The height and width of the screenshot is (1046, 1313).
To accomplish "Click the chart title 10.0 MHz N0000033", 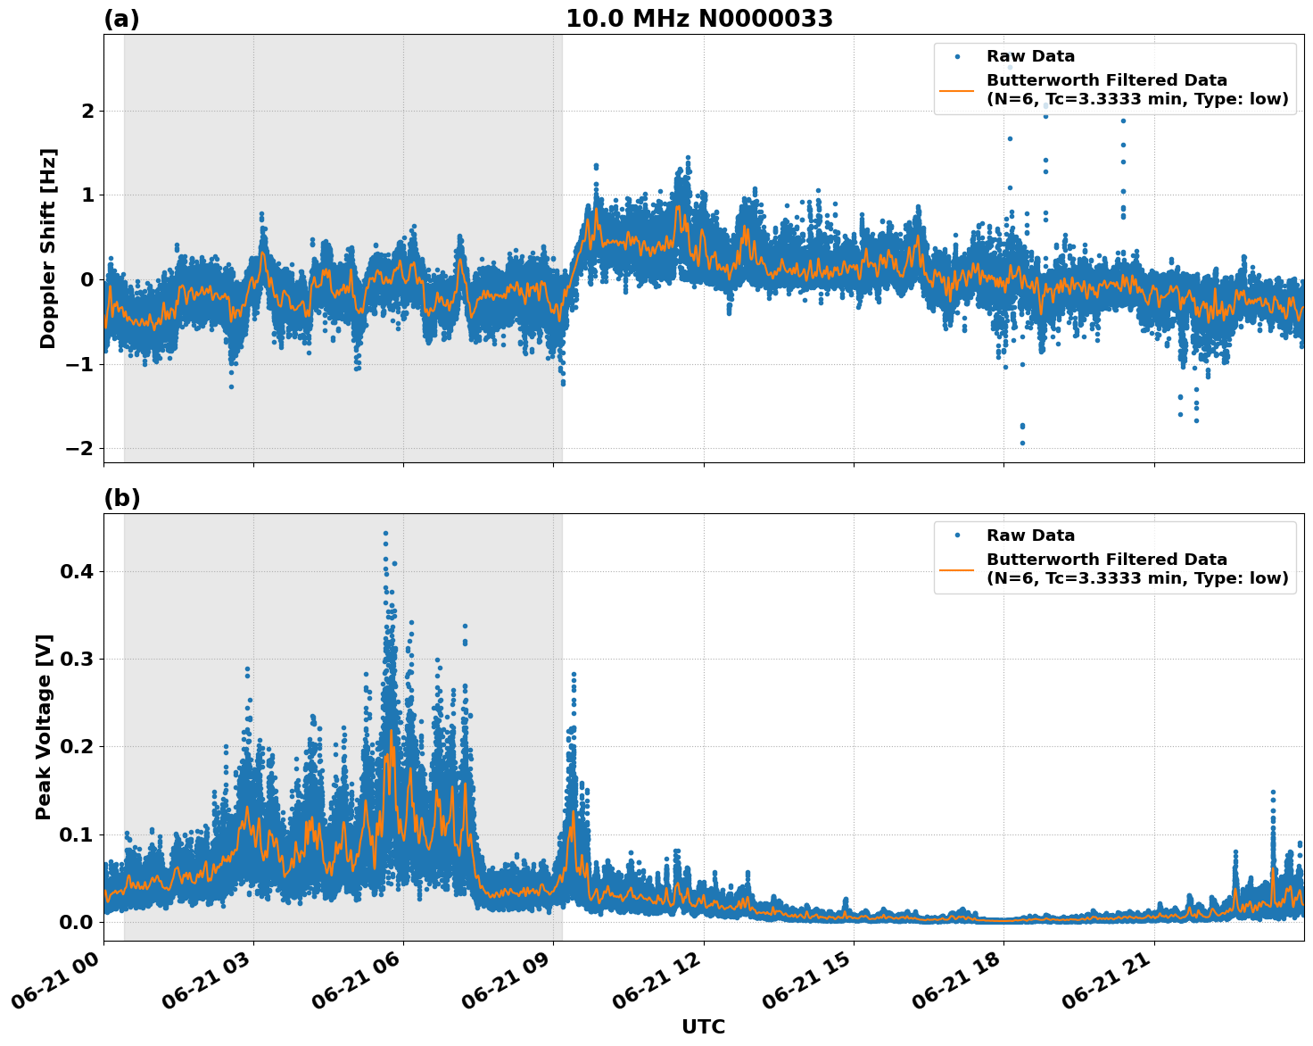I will click(698, 19).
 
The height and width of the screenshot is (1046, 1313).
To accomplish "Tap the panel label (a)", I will click(121, 19).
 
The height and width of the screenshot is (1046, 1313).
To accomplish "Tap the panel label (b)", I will click(121, 498).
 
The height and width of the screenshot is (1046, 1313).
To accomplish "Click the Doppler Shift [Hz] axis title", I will click(48, 248).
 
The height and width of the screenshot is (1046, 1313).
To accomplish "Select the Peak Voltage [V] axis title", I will click(44, 726).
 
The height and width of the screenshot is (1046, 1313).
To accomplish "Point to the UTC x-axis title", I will click(703, 1026).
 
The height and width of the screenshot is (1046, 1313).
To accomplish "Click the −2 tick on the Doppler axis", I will click(79, 448).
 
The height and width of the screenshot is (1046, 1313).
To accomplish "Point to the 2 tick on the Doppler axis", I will click(87, 111).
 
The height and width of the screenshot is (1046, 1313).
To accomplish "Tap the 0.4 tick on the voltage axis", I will click(77, 571).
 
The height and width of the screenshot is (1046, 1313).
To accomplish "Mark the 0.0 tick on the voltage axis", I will click(77, 922).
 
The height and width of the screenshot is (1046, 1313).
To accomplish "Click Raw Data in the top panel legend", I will click(1030, 56).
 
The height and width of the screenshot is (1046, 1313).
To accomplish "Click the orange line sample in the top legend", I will click(956, 89).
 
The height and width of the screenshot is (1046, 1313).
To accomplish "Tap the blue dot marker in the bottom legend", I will click(956, 535).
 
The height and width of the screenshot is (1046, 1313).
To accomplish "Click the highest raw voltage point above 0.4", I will click(385, 533).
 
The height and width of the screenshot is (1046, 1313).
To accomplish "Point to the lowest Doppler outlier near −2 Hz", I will click(1022, 443).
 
